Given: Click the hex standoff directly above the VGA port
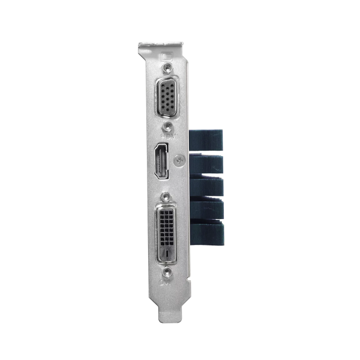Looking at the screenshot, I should (168, 67).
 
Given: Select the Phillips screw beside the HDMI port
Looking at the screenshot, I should (178, 160).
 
